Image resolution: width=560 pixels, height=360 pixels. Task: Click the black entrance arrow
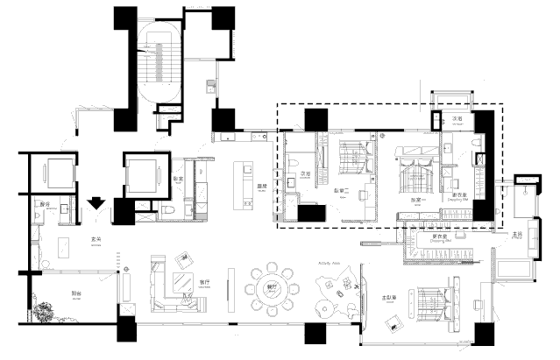[x=96, y=204]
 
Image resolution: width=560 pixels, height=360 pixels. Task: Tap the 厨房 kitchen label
[x=260, y=187]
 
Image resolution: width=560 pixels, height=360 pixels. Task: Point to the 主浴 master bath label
[x=519, y=234]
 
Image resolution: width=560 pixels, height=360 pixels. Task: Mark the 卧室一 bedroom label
[x=419, y=199]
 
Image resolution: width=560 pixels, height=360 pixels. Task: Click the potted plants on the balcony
[x=42, y=311]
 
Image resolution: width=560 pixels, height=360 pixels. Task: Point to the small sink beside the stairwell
[x=210, y=86]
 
